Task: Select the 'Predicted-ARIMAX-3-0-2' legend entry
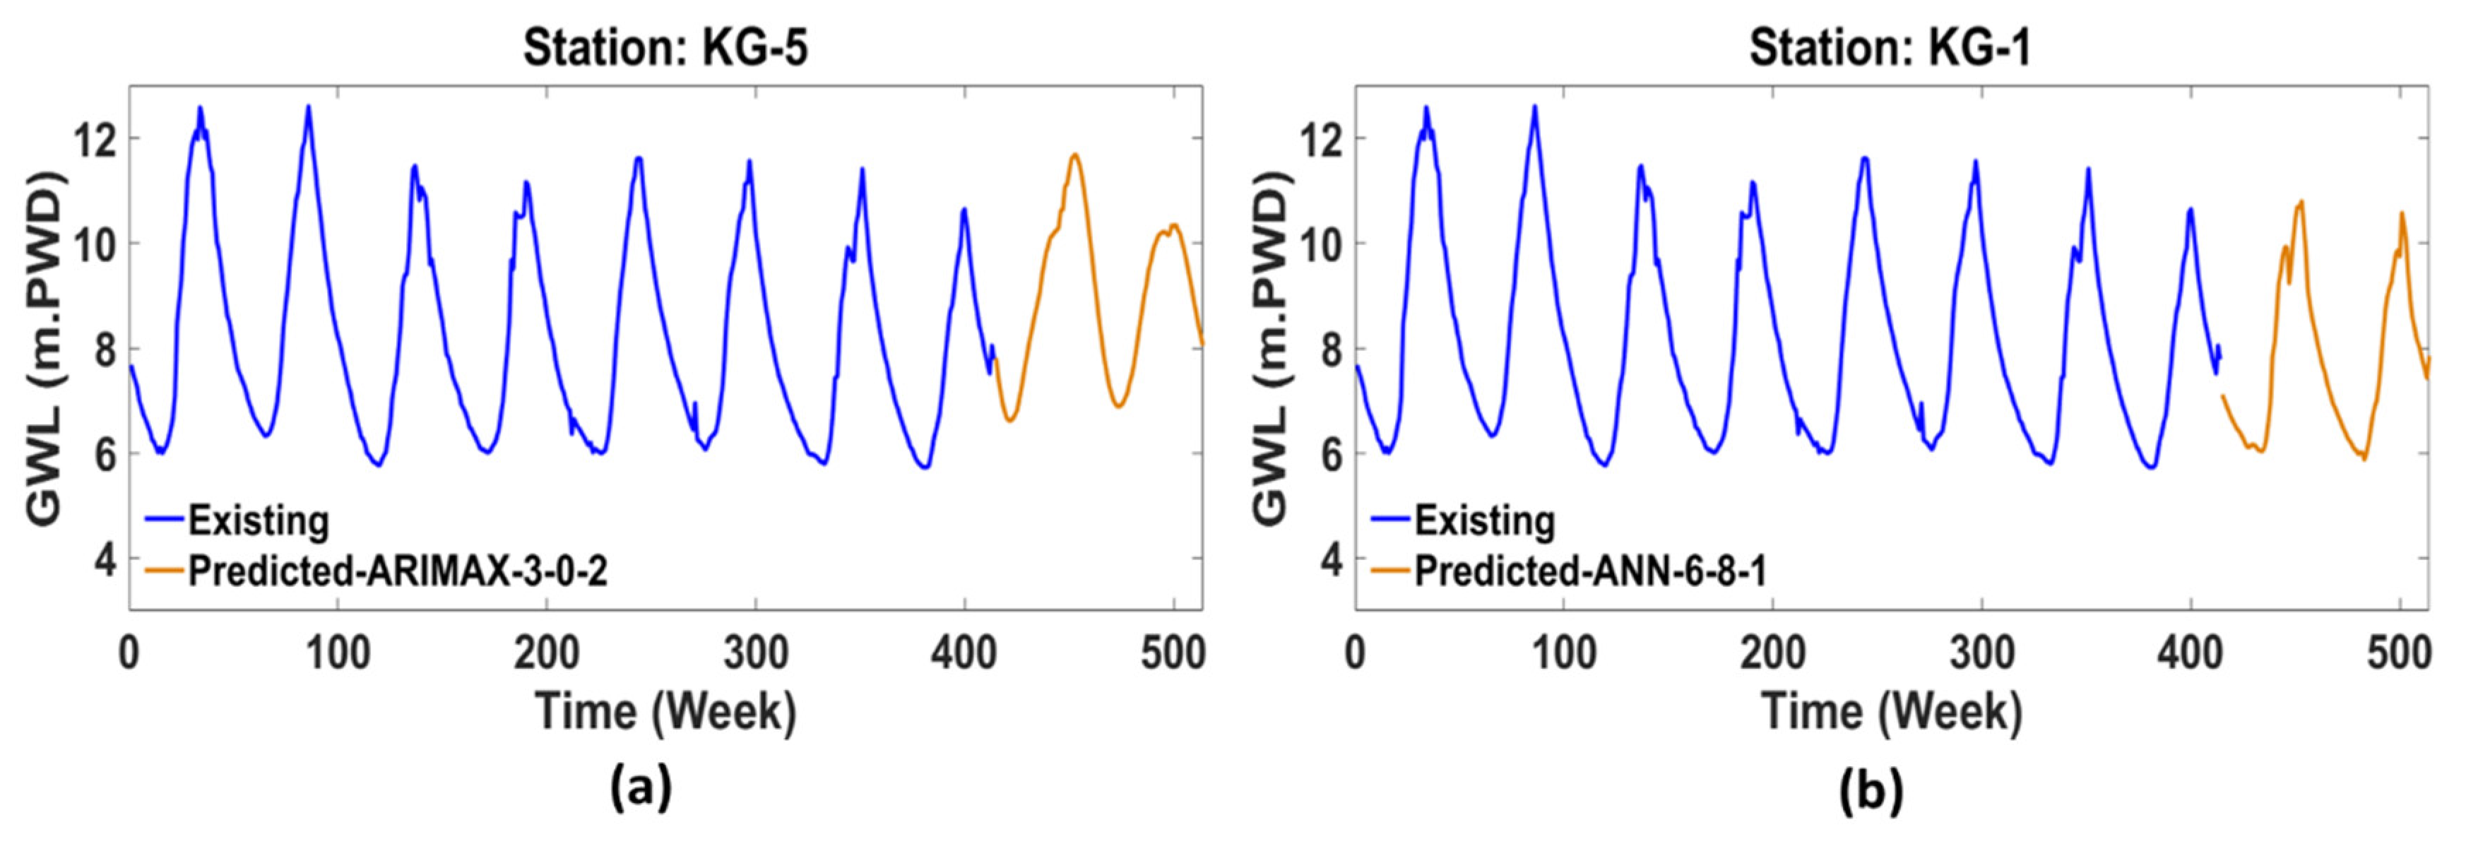[397, 571]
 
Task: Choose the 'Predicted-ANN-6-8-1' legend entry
[1590, 571]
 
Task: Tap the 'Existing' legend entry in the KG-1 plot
[1485, 521]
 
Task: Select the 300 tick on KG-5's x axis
[755, 653]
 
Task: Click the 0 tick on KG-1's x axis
[1355, 653]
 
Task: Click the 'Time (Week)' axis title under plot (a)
[666, 712]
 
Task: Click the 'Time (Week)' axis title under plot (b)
[1892, 712]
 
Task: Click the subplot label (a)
[641, 790]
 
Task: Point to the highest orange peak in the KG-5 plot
[1075, 155]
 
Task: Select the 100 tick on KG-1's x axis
[1564, 653]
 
